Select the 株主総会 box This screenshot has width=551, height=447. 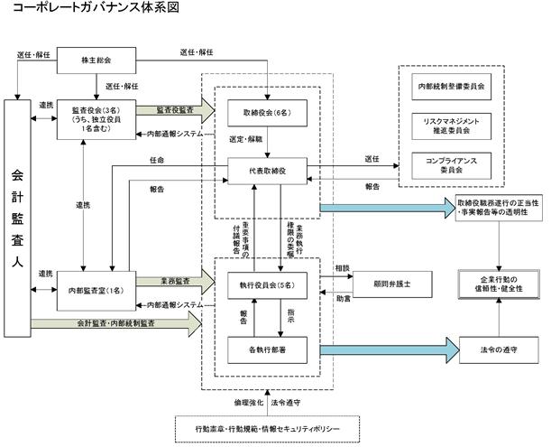[95, 62]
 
